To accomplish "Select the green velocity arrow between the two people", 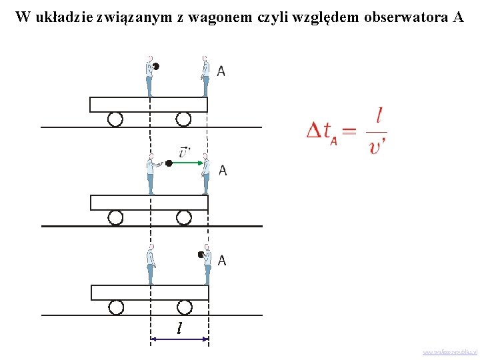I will (187, 162).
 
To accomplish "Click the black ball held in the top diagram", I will (156, 66).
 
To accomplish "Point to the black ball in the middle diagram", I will (169, 163).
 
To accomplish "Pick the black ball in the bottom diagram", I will (200, 255).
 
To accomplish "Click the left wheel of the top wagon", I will (115, 119).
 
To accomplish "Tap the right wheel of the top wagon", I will (183, 119).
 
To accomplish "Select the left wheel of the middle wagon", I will (116, 217).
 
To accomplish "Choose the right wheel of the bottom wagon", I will (185, 307).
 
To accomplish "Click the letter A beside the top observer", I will (221, 71).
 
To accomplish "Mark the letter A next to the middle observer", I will (222, 170).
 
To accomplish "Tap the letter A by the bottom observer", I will (221, 261).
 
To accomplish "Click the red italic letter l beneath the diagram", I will (179, 327).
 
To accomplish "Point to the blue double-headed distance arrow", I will (180, 339).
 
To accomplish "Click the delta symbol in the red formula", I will (315, 130).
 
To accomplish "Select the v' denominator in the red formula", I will (377, 145).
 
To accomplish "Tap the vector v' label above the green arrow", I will (184, 151).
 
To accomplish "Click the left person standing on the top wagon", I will (149, 76).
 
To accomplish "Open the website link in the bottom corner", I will (449, 352).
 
